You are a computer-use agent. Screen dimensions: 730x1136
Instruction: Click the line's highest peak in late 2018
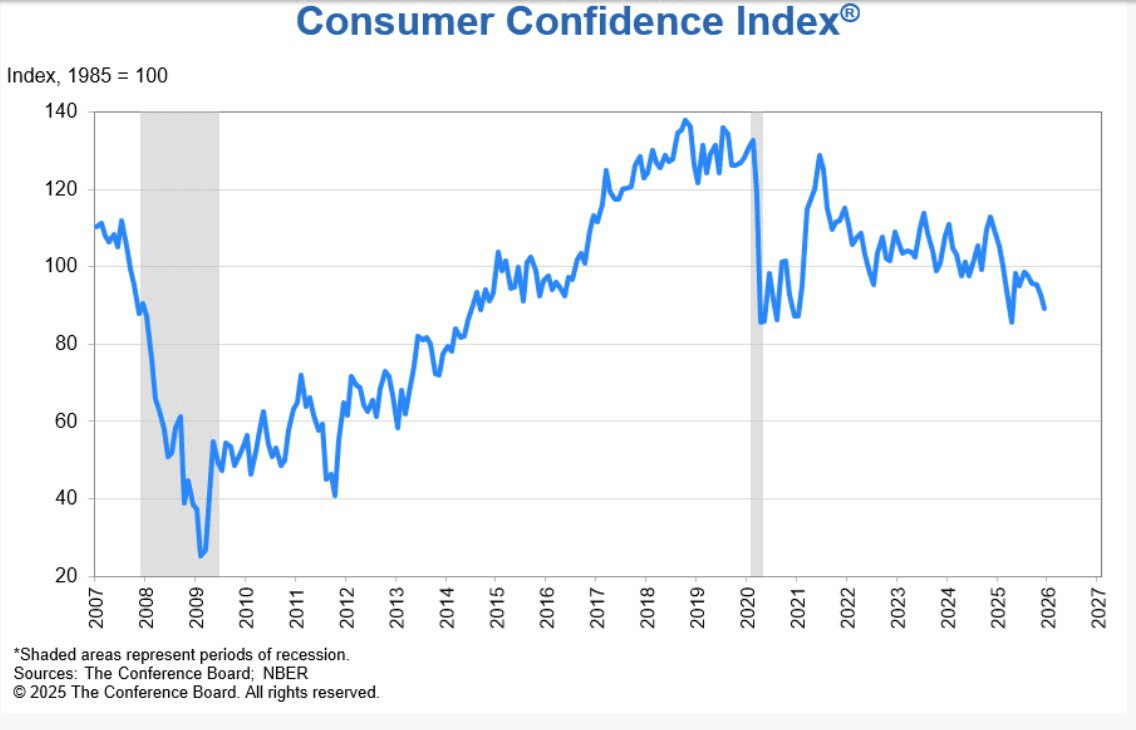[x=685, y=120]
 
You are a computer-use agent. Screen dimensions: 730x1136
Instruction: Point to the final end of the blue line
[x=1044, y=308]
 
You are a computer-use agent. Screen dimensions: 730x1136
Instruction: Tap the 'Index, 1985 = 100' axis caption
[x=87, y=75]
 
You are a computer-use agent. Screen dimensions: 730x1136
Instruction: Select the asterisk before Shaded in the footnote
[x=16, y=653]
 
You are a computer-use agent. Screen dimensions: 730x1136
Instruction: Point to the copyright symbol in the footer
[x=18, y=692]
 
